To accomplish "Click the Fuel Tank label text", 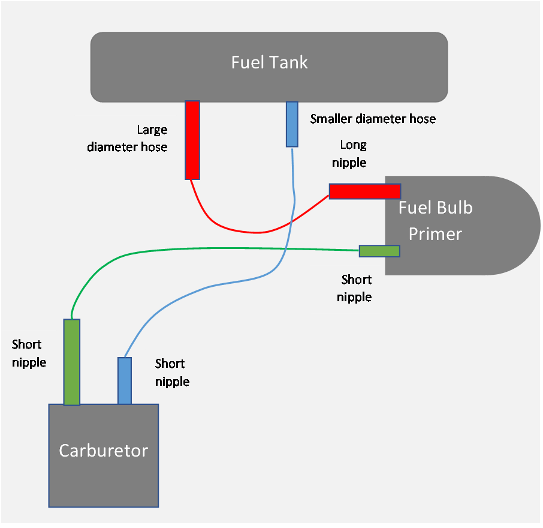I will [269, 62].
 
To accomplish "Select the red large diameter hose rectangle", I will [192, 140].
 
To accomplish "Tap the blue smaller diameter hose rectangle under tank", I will [292, 124].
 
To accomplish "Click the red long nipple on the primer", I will [364, 191].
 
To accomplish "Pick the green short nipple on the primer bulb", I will [379, 251].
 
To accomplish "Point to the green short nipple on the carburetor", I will [72, 362].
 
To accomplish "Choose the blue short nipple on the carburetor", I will [124, 380].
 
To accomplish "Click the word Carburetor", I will [103, 450].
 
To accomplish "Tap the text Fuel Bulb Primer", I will [436, 220].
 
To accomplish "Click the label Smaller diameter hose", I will [373, 119].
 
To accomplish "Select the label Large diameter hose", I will [127, 138].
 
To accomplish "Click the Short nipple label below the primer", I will [355, 288].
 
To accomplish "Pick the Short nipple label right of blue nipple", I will [171, 372].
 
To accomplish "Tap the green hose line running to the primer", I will [210, 248].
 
